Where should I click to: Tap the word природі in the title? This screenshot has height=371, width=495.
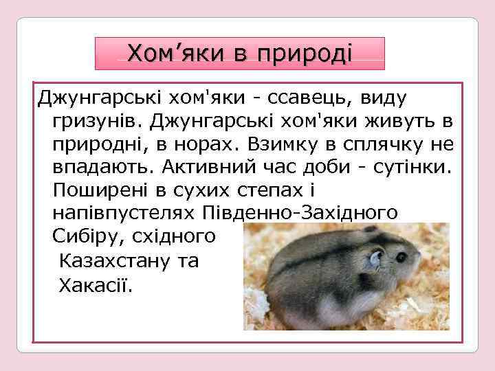tap(303, 53)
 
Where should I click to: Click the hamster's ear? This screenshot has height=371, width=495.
tap(376, 259)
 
